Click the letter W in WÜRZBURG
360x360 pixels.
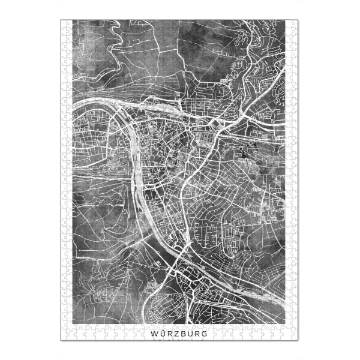[x=155, y=332]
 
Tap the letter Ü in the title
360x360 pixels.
[x=163, y=332]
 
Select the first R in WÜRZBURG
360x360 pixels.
[x=170, y=332]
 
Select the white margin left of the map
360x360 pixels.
[x=67, y=180]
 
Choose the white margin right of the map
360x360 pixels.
[x=292, y=180]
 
